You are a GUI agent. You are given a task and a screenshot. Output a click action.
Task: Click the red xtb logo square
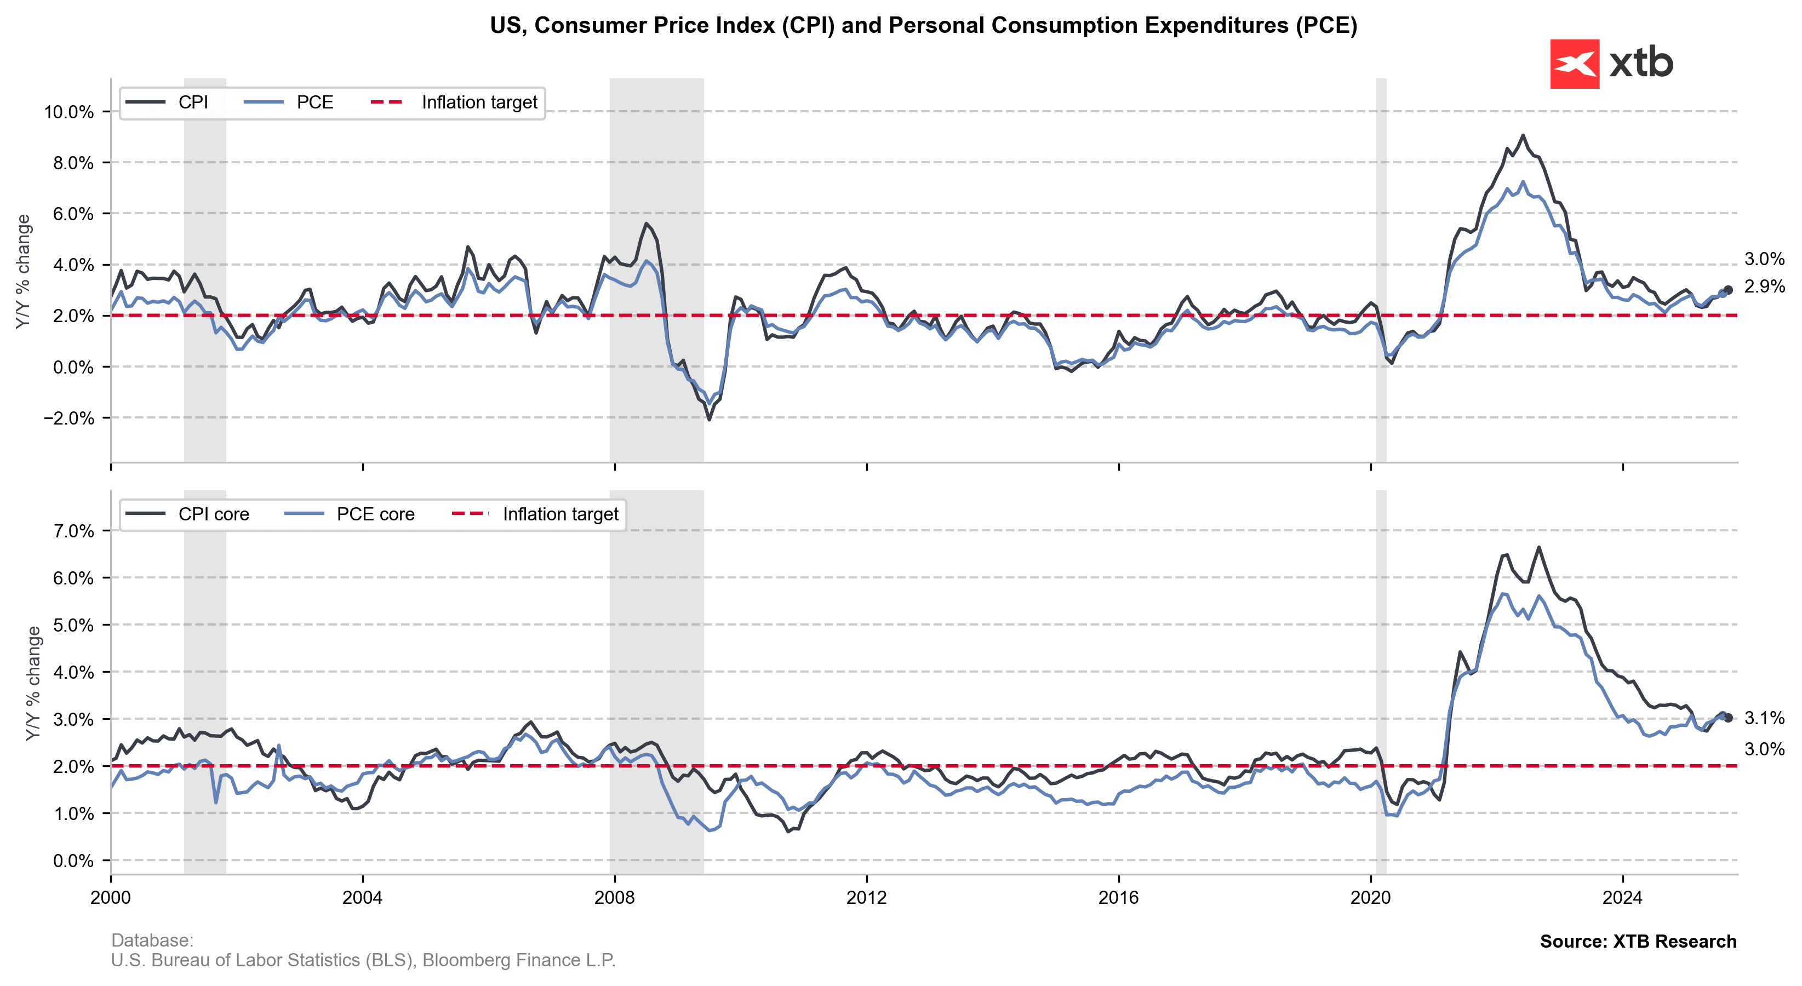pos(1574,64)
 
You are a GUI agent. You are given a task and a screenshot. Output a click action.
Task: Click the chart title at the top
pos(923,25)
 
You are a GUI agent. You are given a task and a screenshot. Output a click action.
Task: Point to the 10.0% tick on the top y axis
pos(68,112)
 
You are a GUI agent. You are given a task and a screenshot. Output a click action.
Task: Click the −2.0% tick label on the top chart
pos(68,418)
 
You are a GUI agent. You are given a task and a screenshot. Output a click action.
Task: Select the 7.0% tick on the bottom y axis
pos(73,531)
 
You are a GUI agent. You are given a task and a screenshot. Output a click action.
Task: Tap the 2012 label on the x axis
pos(866,897)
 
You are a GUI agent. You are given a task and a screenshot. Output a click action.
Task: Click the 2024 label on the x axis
pos(1622,897)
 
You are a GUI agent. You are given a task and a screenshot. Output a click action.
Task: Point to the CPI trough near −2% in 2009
pos(710,420)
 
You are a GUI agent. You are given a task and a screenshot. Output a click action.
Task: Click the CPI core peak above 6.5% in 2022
pos(1538,548)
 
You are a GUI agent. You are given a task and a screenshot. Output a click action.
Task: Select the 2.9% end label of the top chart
pos(1764,286)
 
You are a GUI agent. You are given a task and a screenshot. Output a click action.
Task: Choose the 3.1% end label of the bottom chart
pos(1764,718)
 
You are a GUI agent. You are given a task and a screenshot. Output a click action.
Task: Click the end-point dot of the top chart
pos(1728,290)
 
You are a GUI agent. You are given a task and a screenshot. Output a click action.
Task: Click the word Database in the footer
pos(151,941)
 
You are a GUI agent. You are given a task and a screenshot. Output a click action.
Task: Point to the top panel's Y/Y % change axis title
pos(24,271)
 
